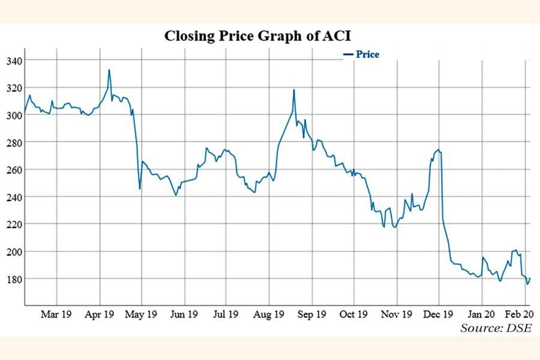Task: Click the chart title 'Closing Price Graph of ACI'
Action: [x=257, y=36]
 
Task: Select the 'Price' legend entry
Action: [x=367, y=55]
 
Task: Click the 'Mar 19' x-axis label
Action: [x=56, y=314]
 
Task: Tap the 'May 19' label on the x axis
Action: [x=142, y=314]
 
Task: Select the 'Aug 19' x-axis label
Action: [x=269, y=314]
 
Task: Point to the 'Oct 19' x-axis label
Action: [x=354, y=314]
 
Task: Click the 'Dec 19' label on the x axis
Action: [x=439, y=314]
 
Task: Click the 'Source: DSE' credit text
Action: [x=496, y=328]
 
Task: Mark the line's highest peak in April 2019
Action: [x=109, y=70]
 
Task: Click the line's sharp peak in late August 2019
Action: [x=294, y=89]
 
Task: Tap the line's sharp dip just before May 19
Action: [x=139, y=189]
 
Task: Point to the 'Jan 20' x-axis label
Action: [x=482, y=314]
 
